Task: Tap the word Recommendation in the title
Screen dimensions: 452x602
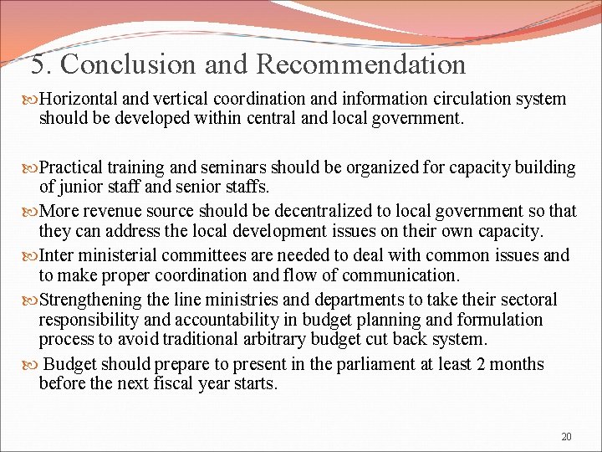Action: pos(361,64)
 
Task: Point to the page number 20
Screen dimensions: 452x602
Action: pos(566,436)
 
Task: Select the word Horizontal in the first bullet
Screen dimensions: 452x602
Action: pos(79,99)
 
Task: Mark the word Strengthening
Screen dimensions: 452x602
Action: pos(91,300)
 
